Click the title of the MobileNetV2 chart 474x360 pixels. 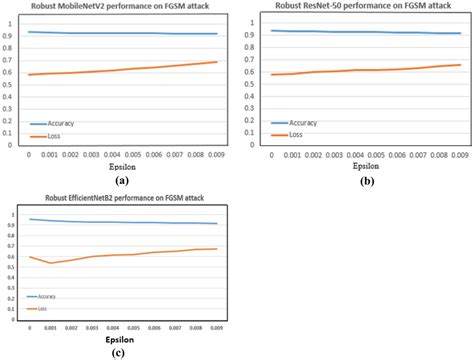[119, 8]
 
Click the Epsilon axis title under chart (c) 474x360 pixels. [119, 340]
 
